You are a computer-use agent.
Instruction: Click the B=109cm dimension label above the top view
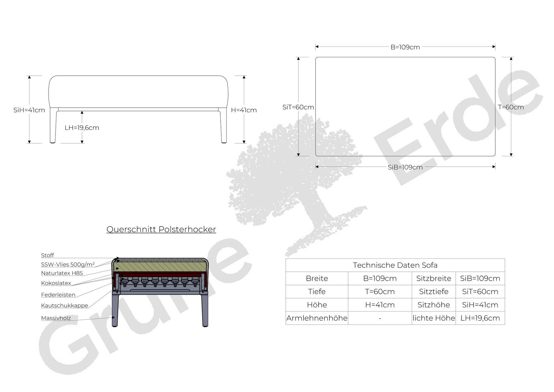(405, 47)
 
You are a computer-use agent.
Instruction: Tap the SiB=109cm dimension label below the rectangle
(405, 167)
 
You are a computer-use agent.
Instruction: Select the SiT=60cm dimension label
(298, 107)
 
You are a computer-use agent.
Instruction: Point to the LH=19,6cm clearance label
(82, 128)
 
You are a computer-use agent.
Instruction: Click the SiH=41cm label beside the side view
(29, 110)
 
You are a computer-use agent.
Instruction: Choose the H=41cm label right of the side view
(244, 110)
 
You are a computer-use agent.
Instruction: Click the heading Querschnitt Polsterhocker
(161, 229)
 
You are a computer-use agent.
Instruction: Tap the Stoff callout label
(47, 255)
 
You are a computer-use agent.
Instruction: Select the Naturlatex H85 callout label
(62, 273)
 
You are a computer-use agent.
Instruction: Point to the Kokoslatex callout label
(56, 283)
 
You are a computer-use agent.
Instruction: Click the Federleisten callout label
(58, 295)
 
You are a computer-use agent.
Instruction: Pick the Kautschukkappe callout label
(65, 305)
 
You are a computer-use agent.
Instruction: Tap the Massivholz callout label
(56, 318)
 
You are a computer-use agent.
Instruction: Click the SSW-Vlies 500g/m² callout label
(68, 264)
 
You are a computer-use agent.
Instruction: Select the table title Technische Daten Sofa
(395, 265)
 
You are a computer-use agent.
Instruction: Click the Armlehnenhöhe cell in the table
(317, 318)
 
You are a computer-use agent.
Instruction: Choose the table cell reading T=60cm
(380, 292)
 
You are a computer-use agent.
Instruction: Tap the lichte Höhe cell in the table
(434, 318)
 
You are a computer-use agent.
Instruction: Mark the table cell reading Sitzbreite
(434, 278)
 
